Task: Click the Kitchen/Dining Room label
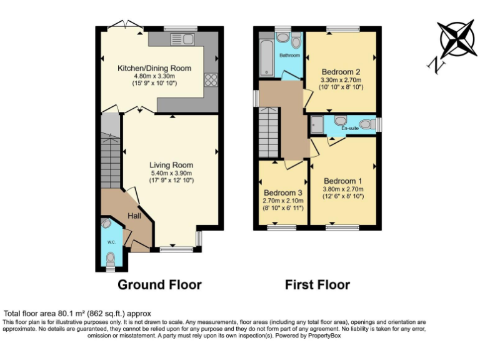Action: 154,68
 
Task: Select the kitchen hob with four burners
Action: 210,79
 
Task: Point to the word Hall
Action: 134,216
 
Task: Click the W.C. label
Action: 110,242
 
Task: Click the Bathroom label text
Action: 289,56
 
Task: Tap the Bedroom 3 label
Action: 282,192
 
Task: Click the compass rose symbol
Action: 458,39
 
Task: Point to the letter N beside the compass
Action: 432,64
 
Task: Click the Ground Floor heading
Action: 160,285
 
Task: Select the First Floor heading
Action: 317,285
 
